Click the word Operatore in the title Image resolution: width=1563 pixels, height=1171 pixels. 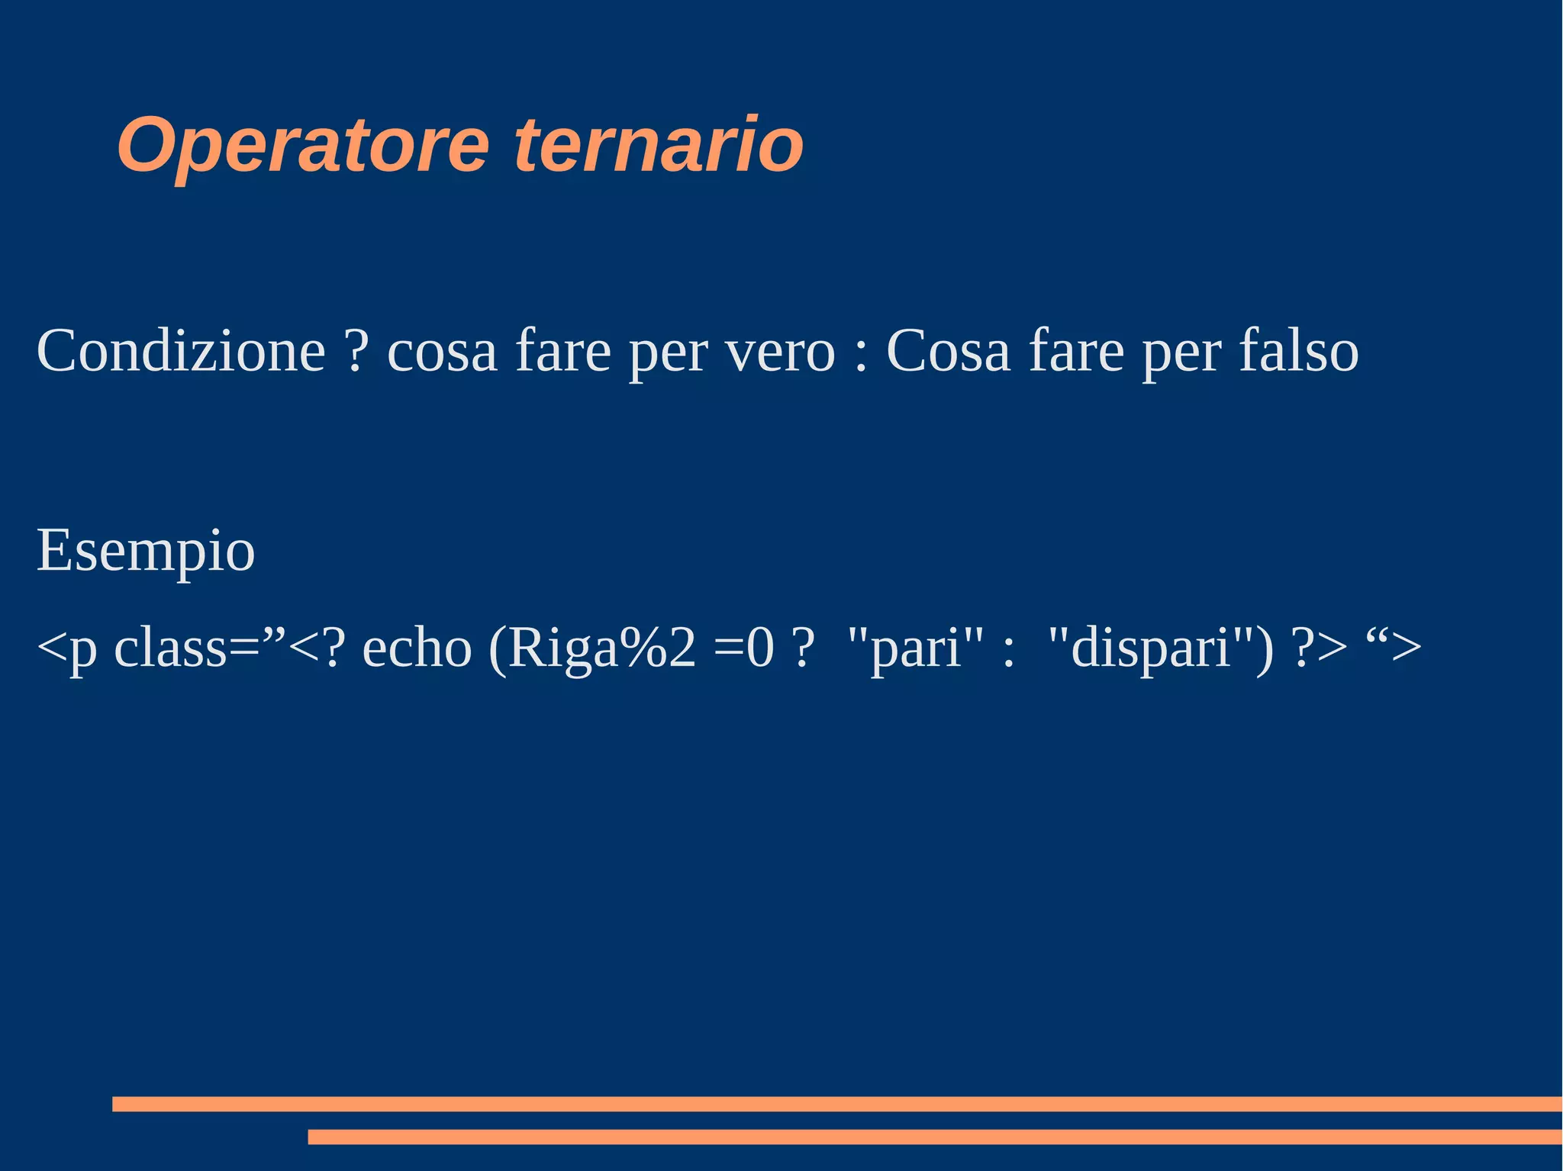tap(303, 145)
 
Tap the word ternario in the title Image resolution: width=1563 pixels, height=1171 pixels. tap(659, 145)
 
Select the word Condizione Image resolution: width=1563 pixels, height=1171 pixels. tap(182, 351)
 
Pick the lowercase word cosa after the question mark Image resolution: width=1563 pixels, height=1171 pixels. tap(443, 351)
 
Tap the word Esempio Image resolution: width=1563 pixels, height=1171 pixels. tap(146, 551)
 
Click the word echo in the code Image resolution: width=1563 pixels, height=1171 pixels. tap(417, 648)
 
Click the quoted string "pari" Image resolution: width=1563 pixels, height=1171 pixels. tap(916, 648)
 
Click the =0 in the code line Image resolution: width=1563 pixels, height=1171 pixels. tap(744, 648)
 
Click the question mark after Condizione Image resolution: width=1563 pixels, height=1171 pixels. tap(356, 351)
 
